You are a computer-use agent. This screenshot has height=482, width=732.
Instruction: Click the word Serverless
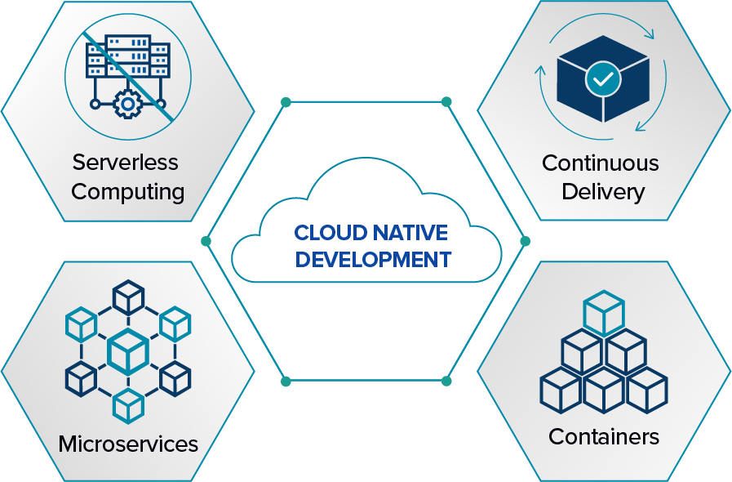click(x=125, y=162)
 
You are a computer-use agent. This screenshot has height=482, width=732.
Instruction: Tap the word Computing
click(x=127, y=192)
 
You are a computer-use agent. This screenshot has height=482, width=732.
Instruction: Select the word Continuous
click(x=600, y=163)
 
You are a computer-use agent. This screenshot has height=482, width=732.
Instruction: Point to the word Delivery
click(x=603, y=192)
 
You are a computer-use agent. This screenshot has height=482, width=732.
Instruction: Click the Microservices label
click(x=128, y=444)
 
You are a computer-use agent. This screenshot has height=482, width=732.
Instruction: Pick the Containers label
click(x=604, y=436)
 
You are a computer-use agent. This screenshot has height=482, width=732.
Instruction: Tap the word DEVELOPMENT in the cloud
click(x=373, y=260)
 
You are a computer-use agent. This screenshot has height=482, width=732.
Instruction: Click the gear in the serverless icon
click(x=128, y=104)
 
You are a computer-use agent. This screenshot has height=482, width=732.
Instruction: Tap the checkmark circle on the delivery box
click(x=603, y=79)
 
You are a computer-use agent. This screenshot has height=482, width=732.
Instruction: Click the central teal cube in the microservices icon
click(x=128, y=350)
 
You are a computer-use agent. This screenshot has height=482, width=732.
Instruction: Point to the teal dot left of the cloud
click(x=206, y=241)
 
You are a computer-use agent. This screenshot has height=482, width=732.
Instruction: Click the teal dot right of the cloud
click(x=525, y=241)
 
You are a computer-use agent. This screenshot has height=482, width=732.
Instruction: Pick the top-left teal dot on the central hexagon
click(x=286, y=102)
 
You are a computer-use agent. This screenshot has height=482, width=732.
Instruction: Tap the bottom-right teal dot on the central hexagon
click(x=446, y=381)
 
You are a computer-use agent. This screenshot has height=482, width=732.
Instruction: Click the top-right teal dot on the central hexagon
click(x=446, y=102)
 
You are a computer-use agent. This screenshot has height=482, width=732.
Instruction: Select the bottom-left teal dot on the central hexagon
click(x=286, y=381)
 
